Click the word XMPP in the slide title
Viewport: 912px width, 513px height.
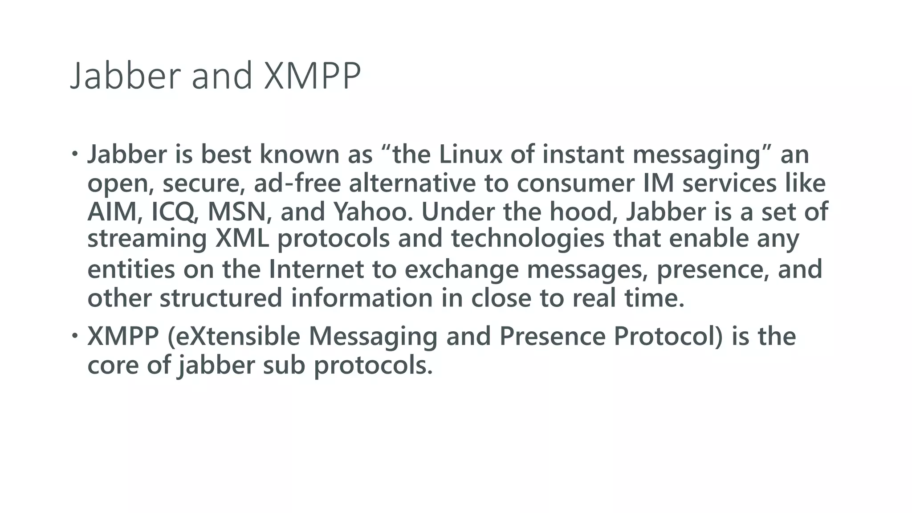(312, 76)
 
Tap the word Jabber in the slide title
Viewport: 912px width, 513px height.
(126, 76)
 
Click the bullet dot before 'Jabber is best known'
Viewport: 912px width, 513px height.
(74, 154)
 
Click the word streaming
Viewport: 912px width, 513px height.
(147, 239)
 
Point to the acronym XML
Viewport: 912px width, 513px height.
(242, 238)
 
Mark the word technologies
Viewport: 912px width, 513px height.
(528, 239)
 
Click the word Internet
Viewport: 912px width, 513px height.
(316, 269)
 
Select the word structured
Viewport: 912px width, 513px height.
(221, 298)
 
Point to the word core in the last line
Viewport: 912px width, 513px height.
(113, 365)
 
